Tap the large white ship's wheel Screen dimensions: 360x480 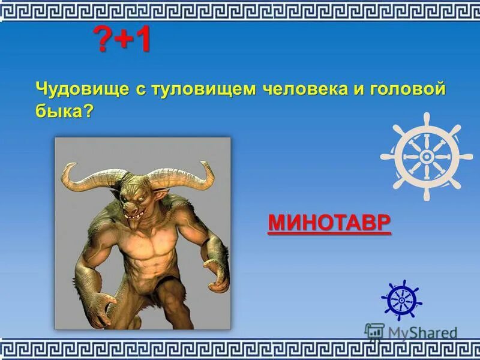426,156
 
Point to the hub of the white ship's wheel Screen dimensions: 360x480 426,156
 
